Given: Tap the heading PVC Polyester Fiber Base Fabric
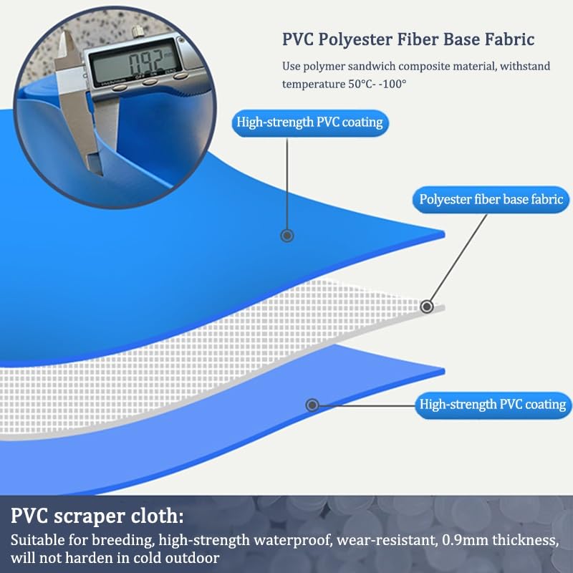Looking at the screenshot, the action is coord(408,39).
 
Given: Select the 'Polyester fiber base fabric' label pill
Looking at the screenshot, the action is coord(491,200).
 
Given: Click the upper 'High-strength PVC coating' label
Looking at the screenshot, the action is coord(310,122).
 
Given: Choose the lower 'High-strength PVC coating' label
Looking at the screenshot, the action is coord(493,405).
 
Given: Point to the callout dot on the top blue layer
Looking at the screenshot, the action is coord(287,236).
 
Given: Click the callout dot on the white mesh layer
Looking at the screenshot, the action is coord(426,307).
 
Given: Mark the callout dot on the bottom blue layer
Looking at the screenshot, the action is coord(312,405).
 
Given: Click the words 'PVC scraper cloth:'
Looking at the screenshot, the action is coord(97,516).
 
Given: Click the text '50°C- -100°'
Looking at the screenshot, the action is coord(377,84).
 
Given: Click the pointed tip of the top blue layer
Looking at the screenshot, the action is coord(444,234).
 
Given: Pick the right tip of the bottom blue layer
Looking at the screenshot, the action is coord(444,371).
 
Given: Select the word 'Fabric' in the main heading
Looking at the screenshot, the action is coord(509,39).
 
